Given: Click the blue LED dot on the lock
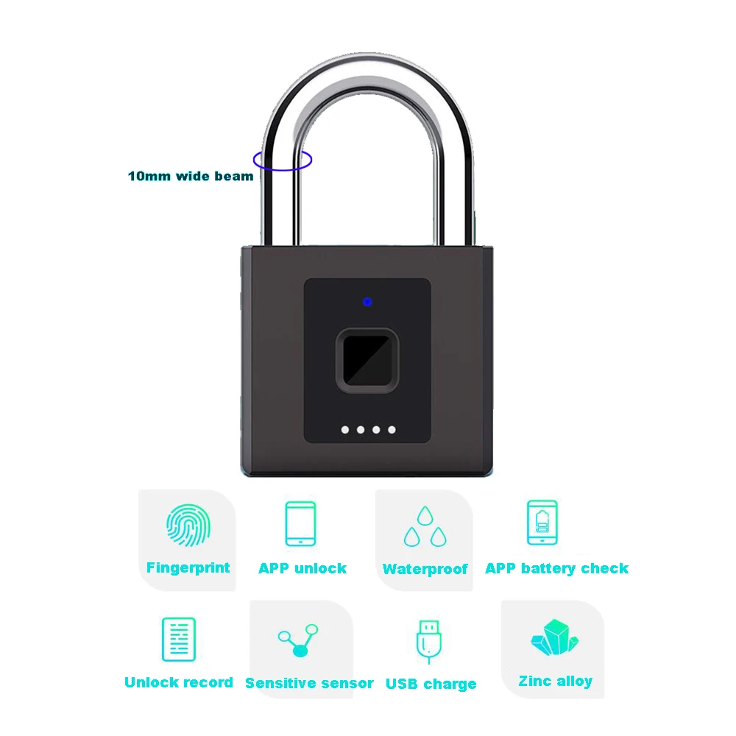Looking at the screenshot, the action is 367,302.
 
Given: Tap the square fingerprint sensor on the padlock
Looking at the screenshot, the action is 367,361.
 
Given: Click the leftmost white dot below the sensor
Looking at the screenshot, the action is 345,430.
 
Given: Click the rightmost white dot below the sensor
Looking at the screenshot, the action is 392,430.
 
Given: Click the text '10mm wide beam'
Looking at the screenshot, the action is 191,177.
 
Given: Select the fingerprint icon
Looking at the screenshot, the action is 188,526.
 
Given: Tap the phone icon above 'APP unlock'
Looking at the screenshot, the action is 300,523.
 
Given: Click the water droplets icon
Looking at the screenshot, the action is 425,527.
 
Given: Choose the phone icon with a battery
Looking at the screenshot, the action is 542,523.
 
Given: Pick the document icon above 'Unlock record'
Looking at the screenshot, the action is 178,640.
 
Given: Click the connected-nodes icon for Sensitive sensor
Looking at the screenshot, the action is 299,640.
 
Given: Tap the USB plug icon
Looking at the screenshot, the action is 429,642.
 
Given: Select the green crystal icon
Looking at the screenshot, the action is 555,637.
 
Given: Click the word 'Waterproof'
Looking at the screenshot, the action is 425,570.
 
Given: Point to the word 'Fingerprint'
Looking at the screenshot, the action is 188,568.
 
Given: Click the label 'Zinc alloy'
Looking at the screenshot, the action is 555,681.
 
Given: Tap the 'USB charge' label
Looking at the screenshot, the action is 431,684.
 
